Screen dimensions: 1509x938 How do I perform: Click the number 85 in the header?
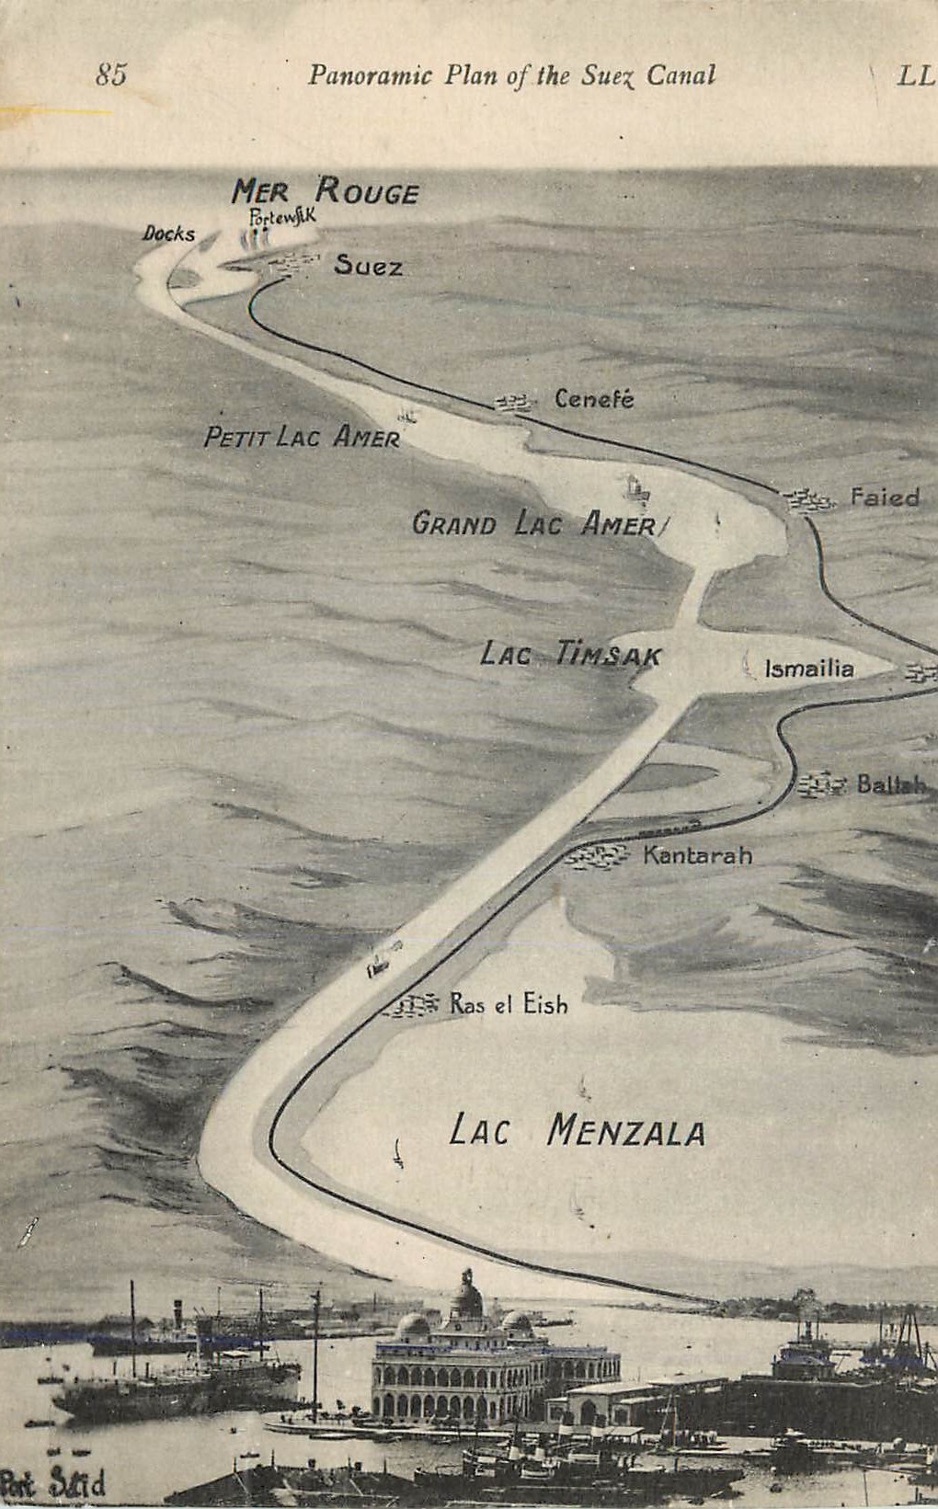click(111, 74)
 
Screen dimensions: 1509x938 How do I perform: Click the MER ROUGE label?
click(325, 191)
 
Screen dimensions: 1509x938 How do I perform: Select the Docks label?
click(168, 234)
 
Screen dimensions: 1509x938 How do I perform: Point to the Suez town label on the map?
click(368, 267)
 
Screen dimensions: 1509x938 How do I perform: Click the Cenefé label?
click(594, 399)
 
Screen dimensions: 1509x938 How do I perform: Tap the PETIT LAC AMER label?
click(302, 437)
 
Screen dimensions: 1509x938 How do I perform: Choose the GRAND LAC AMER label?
click(534, 524)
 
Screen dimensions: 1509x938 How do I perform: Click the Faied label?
click(885, 497)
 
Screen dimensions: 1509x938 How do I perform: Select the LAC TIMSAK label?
click(570, 655)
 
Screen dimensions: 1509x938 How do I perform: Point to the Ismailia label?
click(809, 669)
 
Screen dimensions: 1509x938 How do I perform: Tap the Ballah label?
click(891, 784)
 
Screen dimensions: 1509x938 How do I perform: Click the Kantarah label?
click(697, 855)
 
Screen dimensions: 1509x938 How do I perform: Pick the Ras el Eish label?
click(509, 1004)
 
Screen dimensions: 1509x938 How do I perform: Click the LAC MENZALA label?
click(577, 1130)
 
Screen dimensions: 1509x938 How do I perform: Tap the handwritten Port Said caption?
click(53, 1482)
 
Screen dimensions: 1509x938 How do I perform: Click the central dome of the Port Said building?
click(467, 1297)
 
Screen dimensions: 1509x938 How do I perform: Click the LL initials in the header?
click(915, 75)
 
